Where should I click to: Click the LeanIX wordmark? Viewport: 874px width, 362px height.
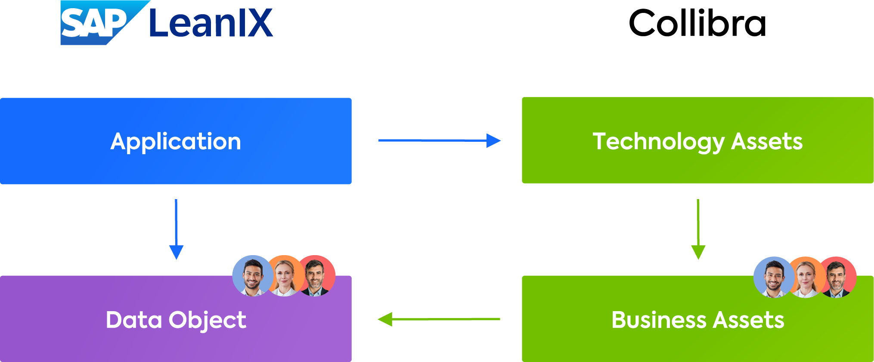(x=211, y=23)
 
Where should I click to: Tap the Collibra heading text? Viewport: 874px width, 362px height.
(x=697, y=23)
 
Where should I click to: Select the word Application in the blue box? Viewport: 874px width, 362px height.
(x=176, y=142)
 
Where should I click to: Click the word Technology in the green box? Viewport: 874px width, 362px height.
(x=658, y=142)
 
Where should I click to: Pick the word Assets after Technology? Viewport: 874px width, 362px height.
(x=767, y=141)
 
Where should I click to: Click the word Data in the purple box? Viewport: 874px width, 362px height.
(x=134, y=320)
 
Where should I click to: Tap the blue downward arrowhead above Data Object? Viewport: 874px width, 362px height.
(x=176, y=252)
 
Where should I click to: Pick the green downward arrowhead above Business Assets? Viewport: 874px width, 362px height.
(x=698, y=252)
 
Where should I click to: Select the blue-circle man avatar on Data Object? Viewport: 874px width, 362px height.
(x=252, y=276)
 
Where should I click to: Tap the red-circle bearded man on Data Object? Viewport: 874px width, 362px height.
(x=316, y=276)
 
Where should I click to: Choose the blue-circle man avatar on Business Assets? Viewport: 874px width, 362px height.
(x=774, y=277)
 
